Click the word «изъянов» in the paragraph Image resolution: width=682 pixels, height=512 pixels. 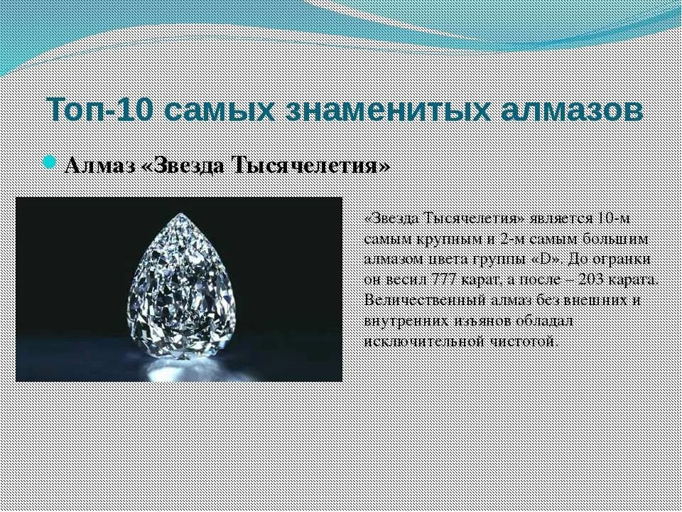click(480, 320)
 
